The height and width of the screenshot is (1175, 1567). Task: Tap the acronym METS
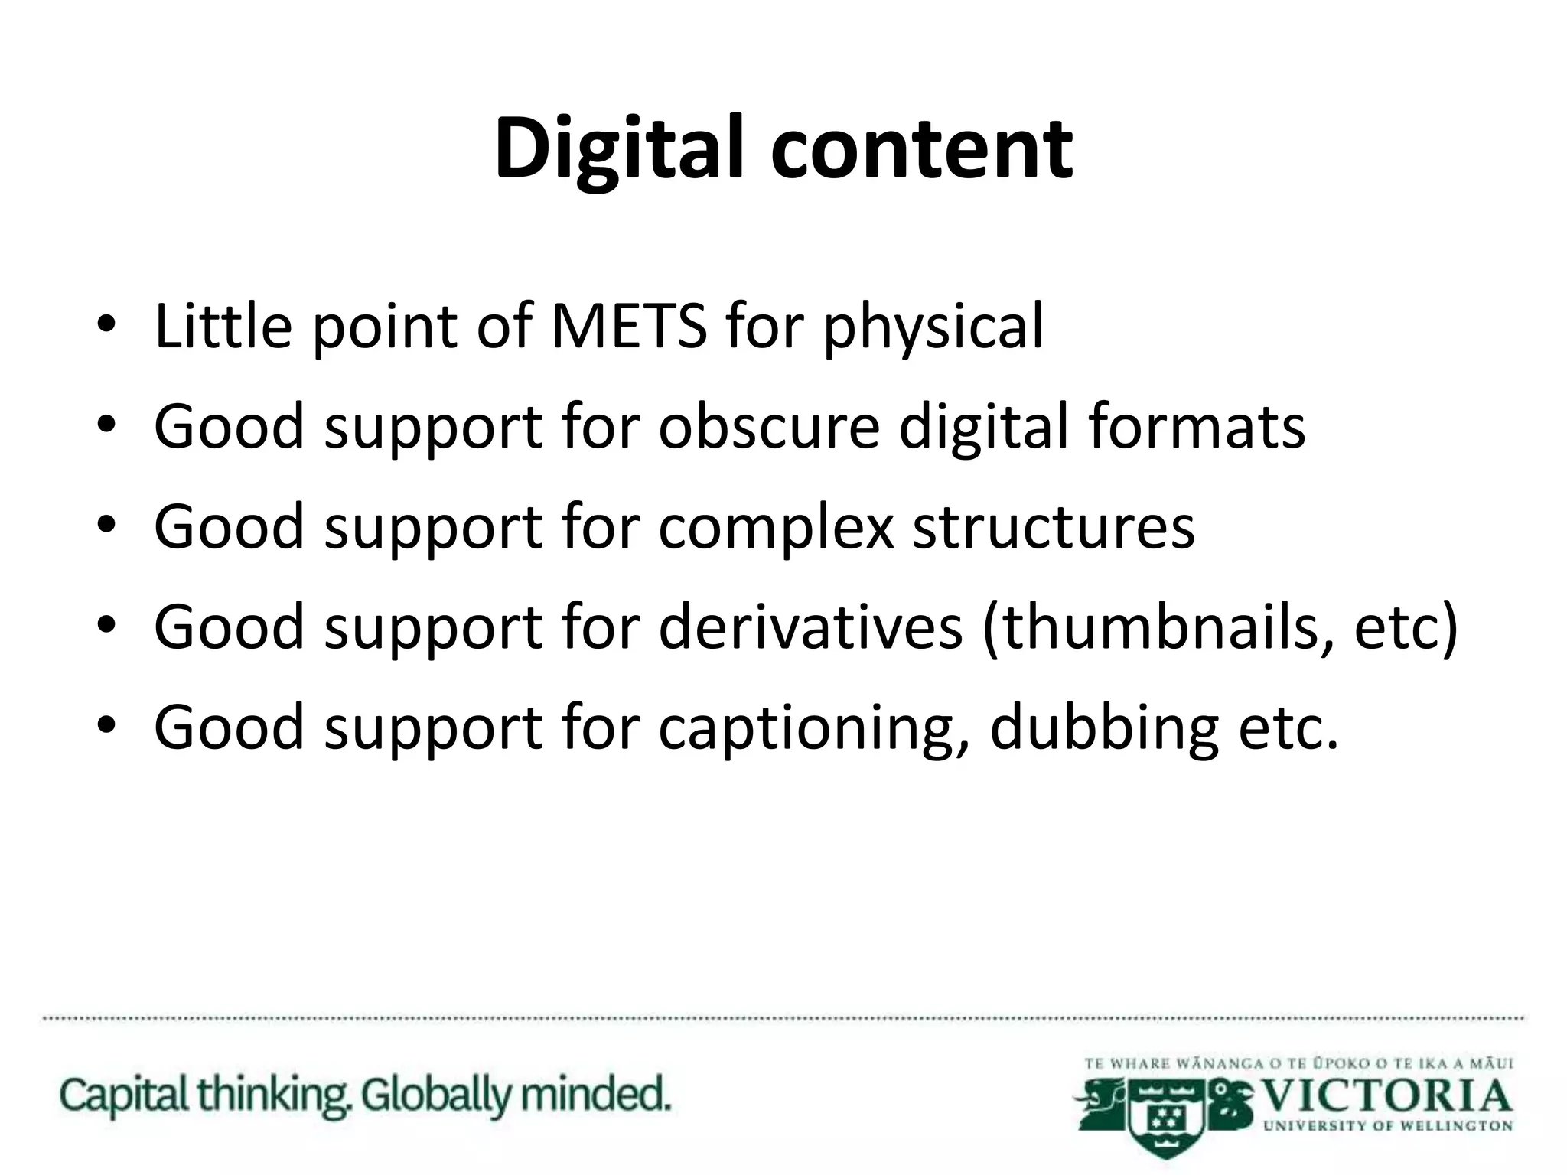click(629, 327)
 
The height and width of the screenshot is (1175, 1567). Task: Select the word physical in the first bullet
click(933, 329)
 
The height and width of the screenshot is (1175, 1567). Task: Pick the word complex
click(776, 528)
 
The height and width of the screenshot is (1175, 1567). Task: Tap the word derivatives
click(810, 627)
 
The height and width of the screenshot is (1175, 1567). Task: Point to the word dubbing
click(1103, 729)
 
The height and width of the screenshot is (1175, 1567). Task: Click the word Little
click(223, 327)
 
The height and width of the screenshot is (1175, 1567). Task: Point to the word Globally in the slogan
click(435, 1095)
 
